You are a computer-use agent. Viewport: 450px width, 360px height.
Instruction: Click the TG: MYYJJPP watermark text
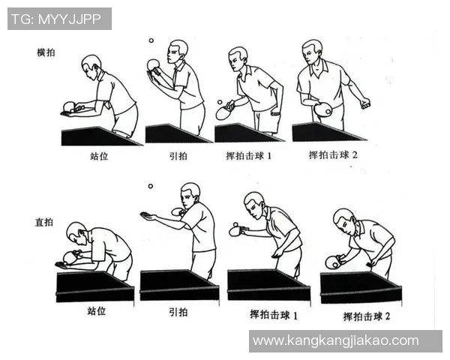tap(59, 19)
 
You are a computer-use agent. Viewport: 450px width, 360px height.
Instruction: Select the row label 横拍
tap(46, 52)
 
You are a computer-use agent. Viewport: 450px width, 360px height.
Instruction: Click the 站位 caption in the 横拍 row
tap(99, 157)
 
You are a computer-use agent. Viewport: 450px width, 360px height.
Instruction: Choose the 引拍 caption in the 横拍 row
tap(177, 157)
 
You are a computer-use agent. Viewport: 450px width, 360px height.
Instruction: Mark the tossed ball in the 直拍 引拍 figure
tap(150, 186)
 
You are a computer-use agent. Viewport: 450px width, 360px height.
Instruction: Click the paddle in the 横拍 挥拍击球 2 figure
tap(323, 109)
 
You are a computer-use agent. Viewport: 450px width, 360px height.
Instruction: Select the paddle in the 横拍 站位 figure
tap(70, 106)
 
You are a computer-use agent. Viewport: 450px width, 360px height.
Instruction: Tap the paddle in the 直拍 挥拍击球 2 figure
tap(332, 262)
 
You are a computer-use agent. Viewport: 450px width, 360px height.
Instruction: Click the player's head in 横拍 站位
tap(91, 65)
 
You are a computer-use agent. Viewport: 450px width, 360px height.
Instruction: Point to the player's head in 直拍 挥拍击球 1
tap(254, 203)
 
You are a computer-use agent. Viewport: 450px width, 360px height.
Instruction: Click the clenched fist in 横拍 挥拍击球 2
tap(365, 103)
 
